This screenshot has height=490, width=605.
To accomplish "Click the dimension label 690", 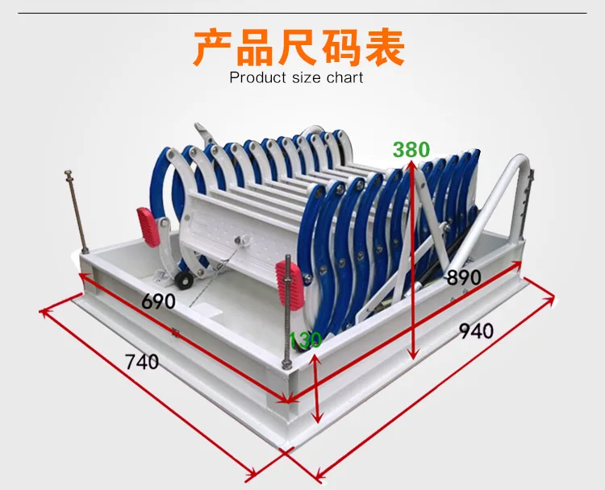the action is click(x=158, y=301).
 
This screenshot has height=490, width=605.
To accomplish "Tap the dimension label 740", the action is click(x=142, y=362).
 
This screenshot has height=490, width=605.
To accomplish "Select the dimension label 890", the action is click(x=464, y=277).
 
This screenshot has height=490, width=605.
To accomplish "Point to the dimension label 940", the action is click(x=476, y=330).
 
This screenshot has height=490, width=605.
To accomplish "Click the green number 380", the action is click(x=411, y=150).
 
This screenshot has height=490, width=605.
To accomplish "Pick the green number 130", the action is click(x=305, y=339).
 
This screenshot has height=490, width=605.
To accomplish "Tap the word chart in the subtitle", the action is click(x=345, y=77).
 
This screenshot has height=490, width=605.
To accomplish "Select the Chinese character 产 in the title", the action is click(x=213, y=48).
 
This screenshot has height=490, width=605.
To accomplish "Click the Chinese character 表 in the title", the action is click(x=385, y=48).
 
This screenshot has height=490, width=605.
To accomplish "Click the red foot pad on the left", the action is click(x=148, y=227).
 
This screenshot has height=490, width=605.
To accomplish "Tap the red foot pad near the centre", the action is click(x=290, y=284).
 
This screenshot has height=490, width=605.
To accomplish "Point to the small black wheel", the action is click(x=185, y=280).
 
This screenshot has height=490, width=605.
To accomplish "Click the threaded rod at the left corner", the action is click(x=77, y=211).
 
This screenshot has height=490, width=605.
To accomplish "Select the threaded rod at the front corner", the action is click(x=287, y=312).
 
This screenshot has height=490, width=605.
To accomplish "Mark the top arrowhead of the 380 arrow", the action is click(x=411, y=164).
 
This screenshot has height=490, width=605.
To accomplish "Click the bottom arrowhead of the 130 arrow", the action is click(x=318, y=419).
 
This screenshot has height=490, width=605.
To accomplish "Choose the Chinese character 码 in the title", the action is click(x=340, y=48).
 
